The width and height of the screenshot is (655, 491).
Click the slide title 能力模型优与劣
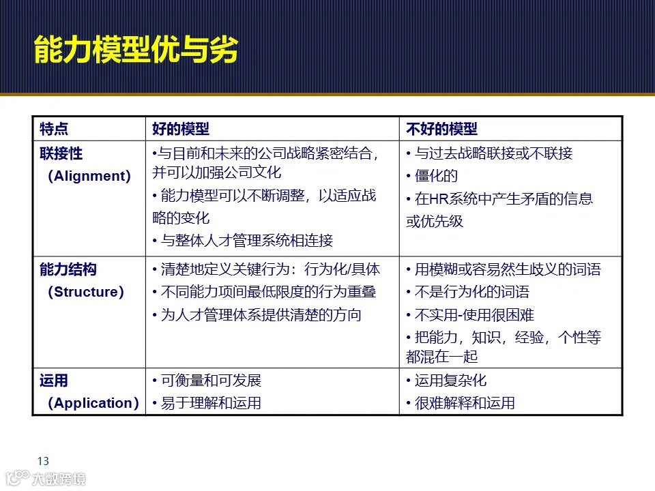[136, 50]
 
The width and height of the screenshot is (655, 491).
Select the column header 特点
[54, 129]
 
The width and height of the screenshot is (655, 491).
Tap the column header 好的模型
[180, 129]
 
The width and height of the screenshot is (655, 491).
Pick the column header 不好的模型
[441, 129]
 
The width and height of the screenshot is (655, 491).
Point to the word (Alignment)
[89, 176]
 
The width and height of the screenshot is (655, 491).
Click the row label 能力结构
[68, 269]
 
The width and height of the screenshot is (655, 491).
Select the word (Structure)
[86, 292]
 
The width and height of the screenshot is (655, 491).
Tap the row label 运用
[54, 381]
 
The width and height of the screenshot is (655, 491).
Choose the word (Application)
[93, 403]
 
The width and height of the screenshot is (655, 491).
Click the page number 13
[44, 460]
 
